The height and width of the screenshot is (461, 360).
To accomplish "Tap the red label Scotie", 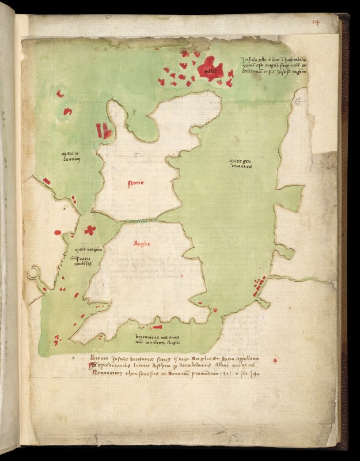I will point(135,183).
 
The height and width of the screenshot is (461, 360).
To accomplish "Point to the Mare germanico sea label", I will point(240,163).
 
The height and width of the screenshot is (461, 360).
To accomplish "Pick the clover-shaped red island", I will point(90,230).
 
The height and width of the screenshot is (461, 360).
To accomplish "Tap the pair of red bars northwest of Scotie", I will point(104,130).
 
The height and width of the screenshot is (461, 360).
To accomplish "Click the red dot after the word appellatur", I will point(275,360).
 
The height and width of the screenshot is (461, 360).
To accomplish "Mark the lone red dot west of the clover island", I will point(58,232).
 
